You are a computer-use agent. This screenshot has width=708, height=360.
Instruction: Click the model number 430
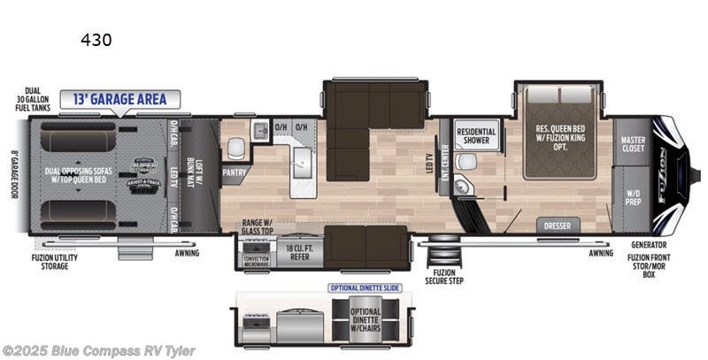pos(96,40)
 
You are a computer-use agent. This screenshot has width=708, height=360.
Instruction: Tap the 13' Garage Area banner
pos(119,98)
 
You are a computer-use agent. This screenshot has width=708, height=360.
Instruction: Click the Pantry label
pos(234,172)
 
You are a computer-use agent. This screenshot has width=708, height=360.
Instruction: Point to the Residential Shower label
pos(476,136)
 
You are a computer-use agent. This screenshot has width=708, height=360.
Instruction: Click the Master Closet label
pos(633,143)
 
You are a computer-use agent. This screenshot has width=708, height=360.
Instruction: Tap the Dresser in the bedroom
pos(557,226)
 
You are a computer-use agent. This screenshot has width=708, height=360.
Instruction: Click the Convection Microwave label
pos(258,260)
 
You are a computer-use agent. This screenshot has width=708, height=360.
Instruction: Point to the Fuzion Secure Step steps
pos(444,257)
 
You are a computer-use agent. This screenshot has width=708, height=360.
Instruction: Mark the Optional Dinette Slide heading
pos(366,288)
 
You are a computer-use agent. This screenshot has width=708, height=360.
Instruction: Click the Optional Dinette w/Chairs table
pos(365,319)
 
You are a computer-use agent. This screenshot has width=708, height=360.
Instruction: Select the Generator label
pos(649,244)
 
